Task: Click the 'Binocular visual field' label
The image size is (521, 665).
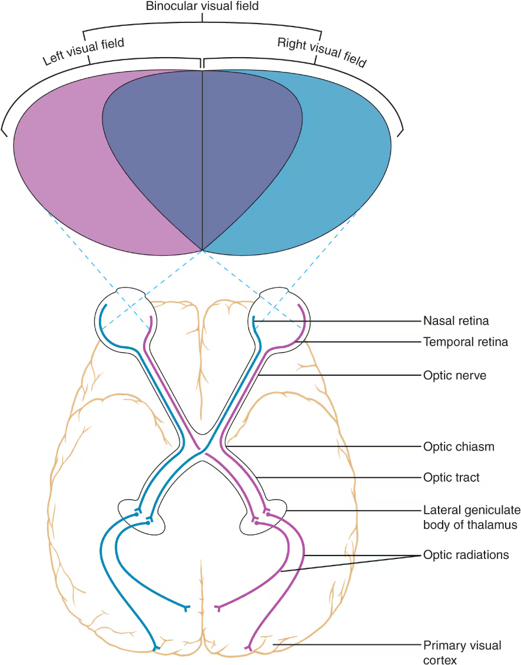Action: pos(202,6)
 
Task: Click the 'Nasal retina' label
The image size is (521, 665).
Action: pos(456,321)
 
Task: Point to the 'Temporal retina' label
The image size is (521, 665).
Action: pos(466,342)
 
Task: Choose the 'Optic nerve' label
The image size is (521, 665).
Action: pos(455,375)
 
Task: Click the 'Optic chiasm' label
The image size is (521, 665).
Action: pos(459,446)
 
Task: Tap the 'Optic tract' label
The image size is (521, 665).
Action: pos(452,477)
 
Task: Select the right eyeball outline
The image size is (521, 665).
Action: pos(308,321)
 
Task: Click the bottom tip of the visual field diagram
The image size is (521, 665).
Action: pos(202,250)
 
